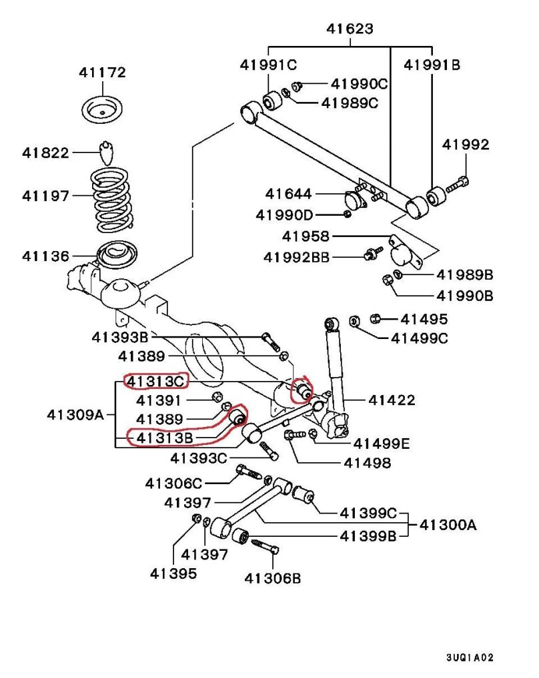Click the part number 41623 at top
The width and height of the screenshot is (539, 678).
click(350, 29)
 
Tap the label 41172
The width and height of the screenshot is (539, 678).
click(103, 73)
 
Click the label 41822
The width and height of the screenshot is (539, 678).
click(45, 153)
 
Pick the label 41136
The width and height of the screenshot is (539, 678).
click(45, 255)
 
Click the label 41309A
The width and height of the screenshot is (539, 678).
click(75, 414)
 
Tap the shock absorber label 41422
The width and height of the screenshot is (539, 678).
click(392, 400)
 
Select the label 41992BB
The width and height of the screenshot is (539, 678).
click(296, 256)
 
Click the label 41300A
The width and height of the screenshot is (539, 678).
click(448, 525)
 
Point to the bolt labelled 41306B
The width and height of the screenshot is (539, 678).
click(265, 549)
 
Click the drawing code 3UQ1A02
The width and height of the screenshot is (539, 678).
click(470, 657)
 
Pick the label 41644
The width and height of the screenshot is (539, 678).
click(288, 194)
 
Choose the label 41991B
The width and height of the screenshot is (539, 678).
click(432, 65)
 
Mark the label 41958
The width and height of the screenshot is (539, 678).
click(306, 236)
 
